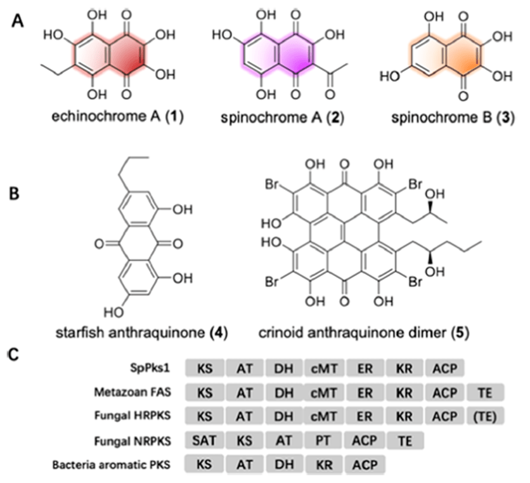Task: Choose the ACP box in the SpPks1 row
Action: [444, 367]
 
